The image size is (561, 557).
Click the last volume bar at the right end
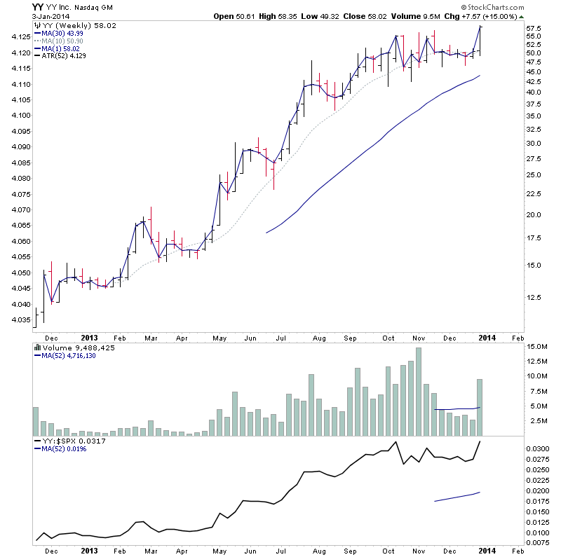pos(480,407)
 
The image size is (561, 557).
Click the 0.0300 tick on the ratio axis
pos(539,448)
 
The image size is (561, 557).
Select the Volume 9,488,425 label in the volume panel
pos(79,347)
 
